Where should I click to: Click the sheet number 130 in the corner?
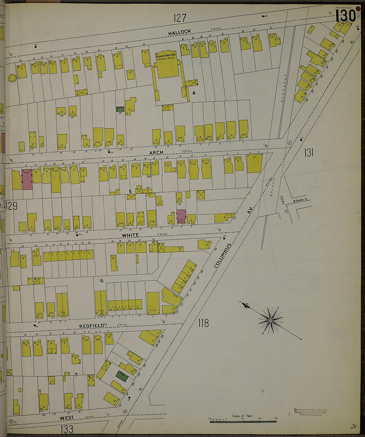(345, 16)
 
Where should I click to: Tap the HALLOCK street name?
(180, 32)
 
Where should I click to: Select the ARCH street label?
(156, 152)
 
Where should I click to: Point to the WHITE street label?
(130, 235)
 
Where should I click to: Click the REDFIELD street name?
(92, 326)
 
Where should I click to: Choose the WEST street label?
(66, 417)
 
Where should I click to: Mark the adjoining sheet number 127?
(180, 18)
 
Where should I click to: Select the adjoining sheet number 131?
(309, 152)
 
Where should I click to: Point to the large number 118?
(203, 322)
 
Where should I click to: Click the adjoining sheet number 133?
(67, 429)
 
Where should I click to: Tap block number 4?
(194, 93)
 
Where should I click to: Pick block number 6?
(102, 281)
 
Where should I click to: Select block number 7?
(76, 375)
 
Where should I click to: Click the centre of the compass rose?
(270, 320)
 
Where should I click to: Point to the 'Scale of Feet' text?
(242, 416)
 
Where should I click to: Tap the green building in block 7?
(121, 376)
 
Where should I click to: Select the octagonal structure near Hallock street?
(13, 79)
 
